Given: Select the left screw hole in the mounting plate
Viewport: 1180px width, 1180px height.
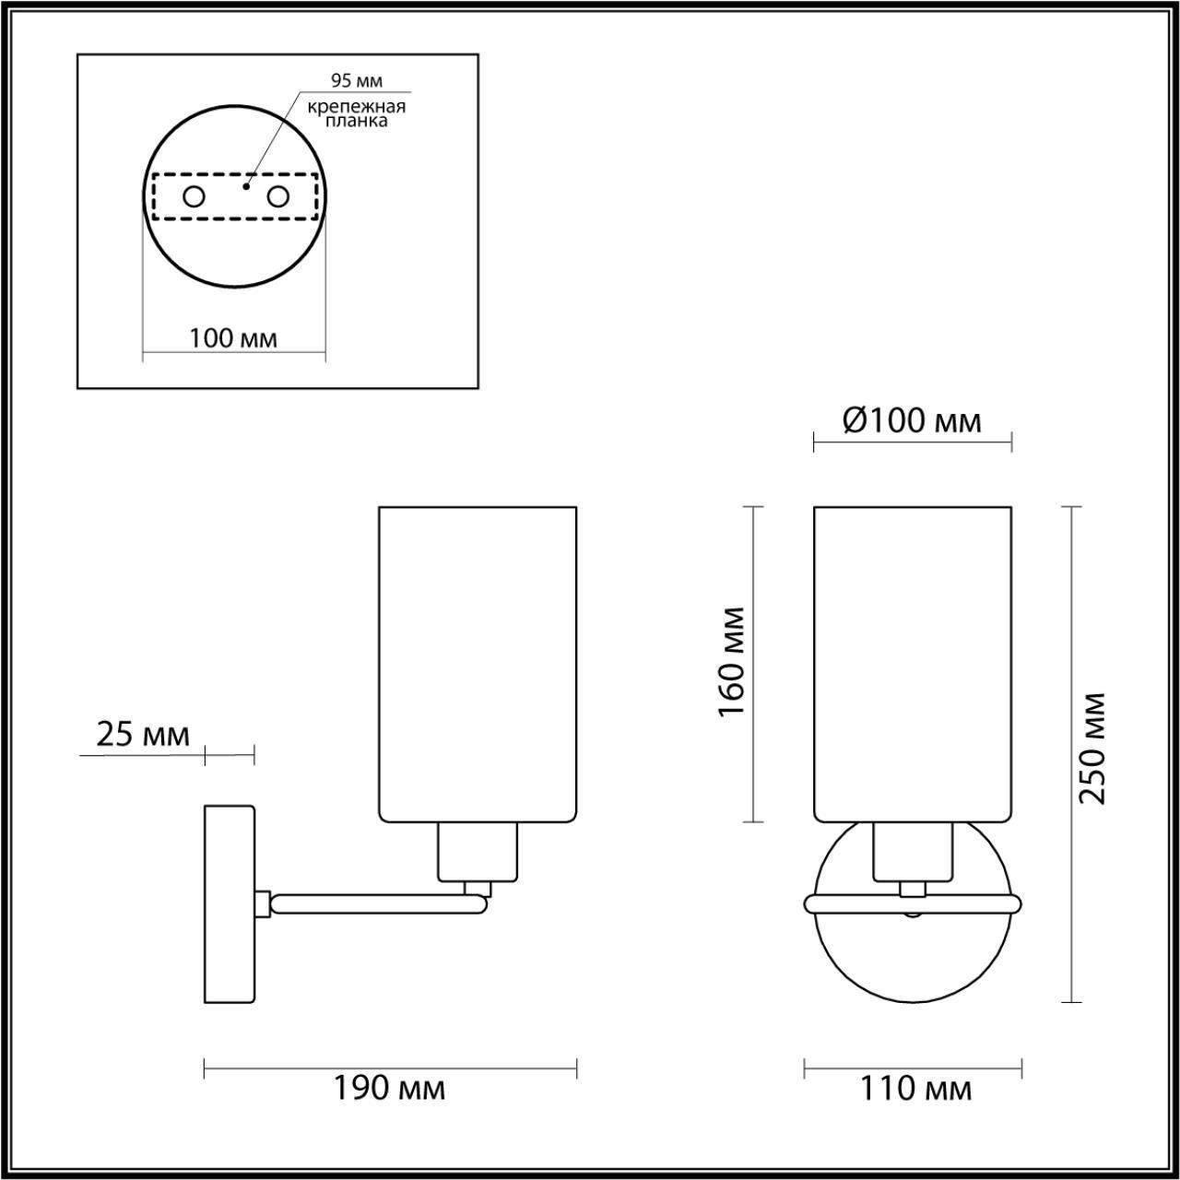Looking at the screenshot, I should tap(194, 196).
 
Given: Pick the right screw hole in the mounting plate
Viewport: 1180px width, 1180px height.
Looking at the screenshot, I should tap(277, 196).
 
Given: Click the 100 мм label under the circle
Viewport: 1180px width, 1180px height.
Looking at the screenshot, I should tap(233, 338).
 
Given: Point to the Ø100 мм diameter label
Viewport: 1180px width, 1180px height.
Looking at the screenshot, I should tap(911, 421).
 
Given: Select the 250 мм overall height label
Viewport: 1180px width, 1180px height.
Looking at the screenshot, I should tap(1092, 748).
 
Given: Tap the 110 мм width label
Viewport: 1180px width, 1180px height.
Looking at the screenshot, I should tap(915, 1089).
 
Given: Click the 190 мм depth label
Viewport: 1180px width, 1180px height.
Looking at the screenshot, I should tap(389, 1089).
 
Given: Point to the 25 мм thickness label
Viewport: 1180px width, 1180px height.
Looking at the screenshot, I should tap(143, 735).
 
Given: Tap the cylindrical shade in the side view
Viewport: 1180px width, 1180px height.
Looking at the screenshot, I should tap(478, 662).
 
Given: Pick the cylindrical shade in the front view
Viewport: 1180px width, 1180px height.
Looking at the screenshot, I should tap(913, 662).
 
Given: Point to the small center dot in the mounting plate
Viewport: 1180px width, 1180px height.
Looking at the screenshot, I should tap(244, 186).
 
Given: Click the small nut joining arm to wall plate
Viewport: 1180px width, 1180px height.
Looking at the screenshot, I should tap(263, 903).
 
